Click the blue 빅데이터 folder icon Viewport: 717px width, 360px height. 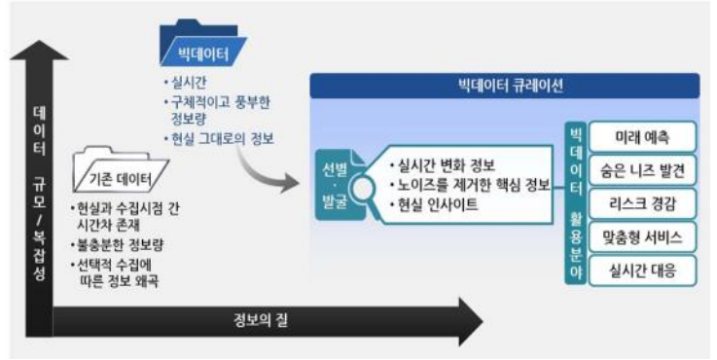point(203,43)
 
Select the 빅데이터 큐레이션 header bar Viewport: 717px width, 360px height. point(506,86)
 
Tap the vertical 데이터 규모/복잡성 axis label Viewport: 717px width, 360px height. point(38,195)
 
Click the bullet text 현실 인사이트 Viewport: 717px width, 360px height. point(432,204)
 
